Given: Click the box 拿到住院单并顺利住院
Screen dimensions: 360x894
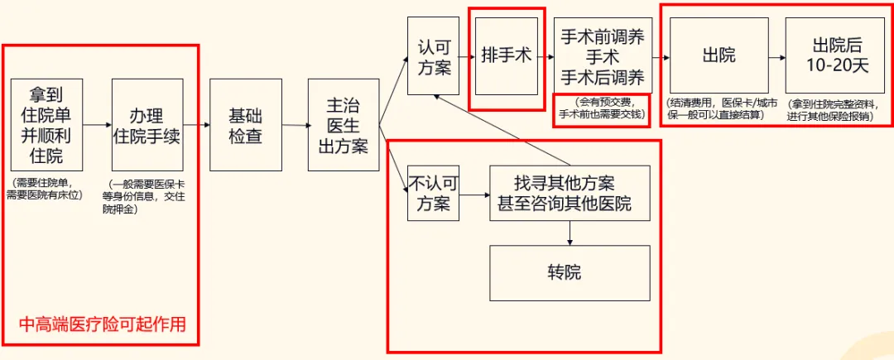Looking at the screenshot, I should (46, 124).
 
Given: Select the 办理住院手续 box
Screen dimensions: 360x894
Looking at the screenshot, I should (147, 124).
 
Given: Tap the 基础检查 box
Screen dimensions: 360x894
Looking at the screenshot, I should (246, 124).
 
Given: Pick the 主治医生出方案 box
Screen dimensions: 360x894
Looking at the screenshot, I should (344, 124).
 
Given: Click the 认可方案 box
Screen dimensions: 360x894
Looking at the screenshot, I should (434, 55).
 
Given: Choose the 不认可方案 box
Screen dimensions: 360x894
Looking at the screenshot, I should (433, 193).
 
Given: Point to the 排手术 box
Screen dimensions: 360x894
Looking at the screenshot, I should (507, 55).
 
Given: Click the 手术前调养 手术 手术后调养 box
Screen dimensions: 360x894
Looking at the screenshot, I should (602, 56).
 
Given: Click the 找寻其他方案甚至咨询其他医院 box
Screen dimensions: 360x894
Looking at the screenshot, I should (570, 193).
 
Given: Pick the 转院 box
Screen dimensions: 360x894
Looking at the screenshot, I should (570, 272).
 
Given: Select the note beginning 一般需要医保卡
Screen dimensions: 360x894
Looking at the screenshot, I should (147, 196).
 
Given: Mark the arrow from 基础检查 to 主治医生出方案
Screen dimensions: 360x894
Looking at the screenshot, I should (295, 125).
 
